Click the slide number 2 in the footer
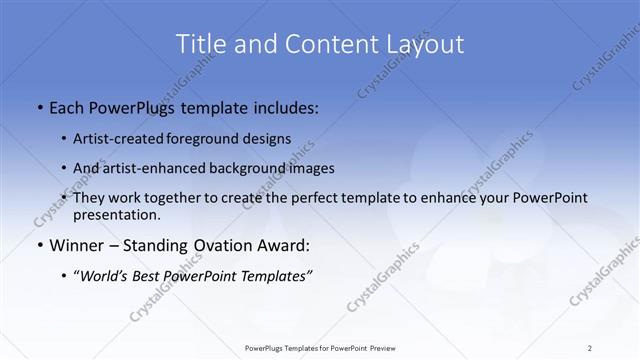(x=589, y=348)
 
